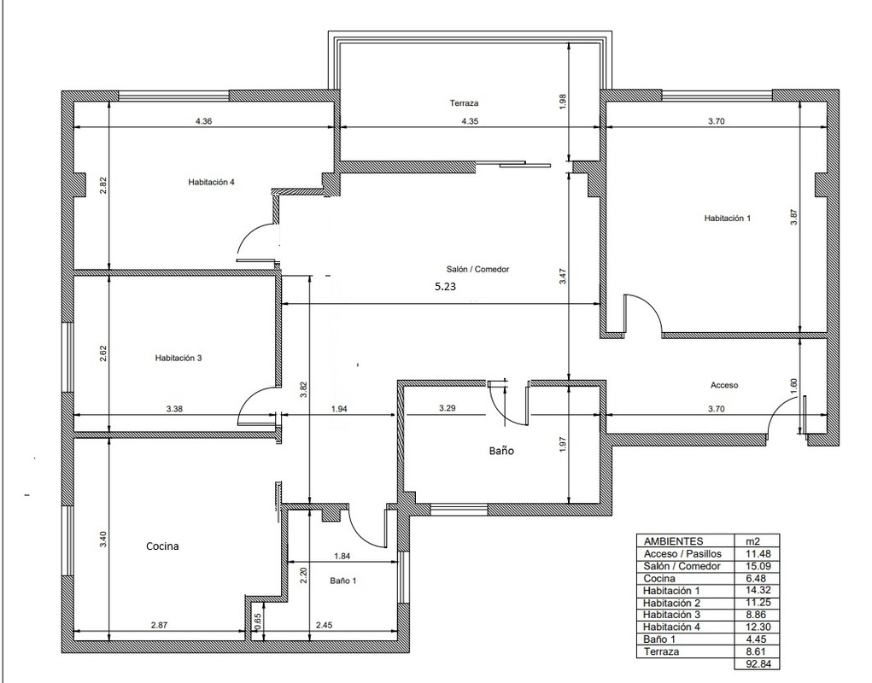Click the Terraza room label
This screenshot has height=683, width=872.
[x=464, y=102]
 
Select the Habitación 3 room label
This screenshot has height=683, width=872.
[x=178, y=358]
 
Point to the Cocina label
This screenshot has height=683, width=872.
[x=162, y=546]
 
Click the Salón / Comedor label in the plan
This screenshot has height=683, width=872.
[x=477, y=269]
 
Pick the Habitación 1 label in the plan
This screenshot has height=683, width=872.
[x=728, y=219]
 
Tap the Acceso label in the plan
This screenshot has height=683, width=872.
[x=724, y=384]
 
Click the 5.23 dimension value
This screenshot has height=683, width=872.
[x=446, y=287]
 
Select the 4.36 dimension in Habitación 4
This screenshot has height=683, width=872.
[x=204, y=121]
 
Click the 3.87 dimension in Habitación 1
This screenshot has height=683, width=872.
[x=794, y=217]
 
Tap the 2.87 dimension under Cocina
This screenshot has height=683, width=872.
[x=159, y=625]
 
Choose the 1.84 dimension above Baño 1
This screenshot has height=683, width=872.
[x=342, y=556]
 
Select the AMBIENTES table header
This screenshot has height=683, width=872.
[x=673, y=540]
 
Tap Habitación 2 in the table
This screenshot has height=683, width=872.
[x=671, y=603]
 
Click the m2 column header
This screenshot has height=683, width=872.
[x=753, y=540]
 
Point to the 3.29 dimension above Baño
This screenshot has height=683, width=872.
[x=448, y=408]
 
